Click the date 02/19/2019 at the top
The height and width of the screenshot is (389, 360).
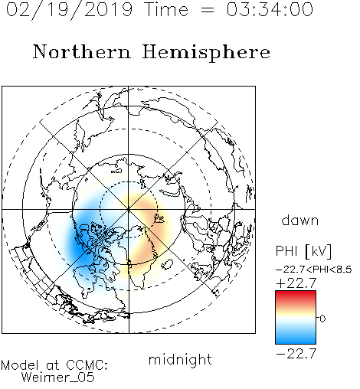(70, 10)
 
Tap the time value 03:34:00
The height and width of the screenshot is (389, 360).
(270, 9)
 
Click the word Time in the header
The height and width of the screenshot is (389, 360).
(166, 9)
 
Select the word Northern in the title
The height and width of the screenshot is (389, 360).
(82, 52)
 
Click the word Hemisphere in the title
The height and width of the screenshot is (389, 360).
(206, 53)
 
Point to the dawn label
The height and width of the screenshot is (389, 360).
(300, 220)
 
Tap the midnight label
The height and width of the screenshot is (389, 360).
(180, 360)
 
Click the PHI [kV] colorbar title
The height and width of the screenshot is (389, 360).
(304, 251)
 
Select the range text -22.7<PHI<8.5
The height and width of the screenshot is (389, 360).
(314, 270)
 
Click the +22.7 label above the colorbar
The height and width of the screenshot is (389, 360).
(296, 283)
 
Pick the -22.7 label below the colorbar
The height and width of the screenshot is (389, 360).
(296, 354)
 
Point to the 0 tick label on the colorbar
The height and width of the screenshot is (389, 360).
(322, 319)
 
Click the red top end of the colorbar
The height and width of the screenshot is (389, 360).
(296, 293)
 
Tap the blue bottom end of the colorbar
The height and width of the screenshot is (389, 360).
(296, 342)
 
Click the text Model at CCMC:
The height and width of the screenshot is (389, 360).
(54, 365)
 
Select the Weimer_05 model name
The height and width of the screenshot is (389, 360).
(58, 378)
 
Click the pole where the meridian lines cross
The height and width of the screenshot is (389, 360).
(129, 209)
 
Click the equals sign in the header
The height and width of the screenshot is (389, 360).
(208, 10)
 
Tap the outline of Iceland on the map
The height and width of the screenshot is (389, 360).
(167, 264)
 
